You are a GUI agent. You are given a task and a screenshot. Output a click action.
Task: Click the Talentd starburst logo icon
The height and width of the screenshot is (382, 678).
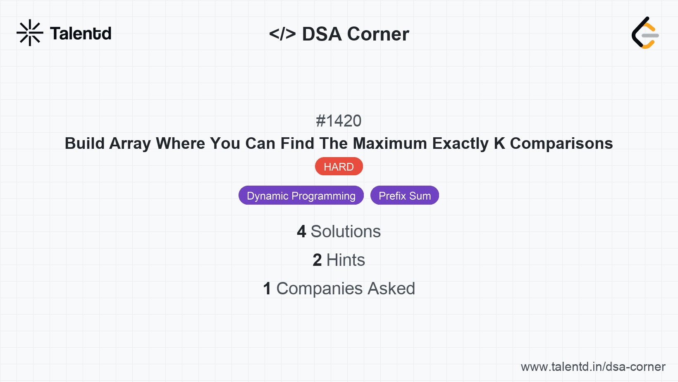coord(30,33)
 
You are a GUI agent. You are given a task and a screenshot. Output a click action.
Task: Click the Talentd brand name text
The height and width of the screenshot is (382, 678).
coord(81,33)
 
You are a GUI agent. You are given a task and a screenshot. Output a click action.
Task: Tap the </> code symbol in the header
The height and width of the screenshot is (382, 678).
coord(282,34)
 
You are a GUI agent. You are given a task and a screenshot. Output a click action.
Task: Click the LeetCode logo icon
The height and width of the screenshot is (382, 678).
coord(645,33)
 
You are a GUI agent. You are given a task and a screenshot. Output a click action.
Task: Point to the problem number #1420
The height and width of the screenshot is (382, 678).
coord(339,121)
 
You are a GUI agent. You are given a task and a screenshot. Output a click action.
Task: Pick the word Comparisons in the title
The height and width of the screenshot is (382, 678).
coord(561,143)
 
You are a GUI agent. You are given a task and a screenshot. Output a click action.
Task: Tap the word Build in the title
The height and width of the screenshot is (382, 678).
coord(85,143)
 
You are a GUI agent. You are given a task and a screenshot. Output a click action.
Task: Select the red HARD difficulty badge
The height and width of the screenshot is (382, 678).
coord(339,167)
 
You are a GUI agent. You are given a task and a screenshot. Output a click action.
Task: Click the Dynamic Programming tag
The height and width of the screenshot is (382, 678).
coord(301,196)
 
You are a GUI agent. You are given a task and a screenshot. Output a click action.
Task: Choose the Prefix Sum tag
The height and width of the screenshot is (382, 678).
coord(404,196)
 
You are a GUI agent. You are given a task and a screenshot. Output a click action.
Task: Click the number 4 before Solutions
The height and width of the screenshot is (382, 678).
coord(301,232)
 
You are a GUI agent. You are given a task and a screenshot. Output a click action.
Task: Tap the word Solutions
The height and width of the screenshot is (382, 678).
coord(346,232)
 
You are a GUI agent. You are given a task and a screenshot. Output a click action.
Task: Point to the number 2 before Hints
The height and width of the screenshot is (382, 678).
coord(317,260)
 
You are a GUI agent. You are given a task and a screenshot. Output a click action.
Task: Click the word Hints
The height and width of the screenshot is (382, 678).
coord(346,260)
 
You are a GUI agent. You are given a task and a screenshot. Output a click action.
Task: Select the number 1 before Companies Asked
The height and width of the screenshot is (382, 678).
coord(267,289)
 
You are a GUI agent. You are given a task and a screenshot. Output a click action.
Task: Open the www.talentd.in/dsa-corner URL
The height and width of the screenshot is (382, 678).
coord(593,367)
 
